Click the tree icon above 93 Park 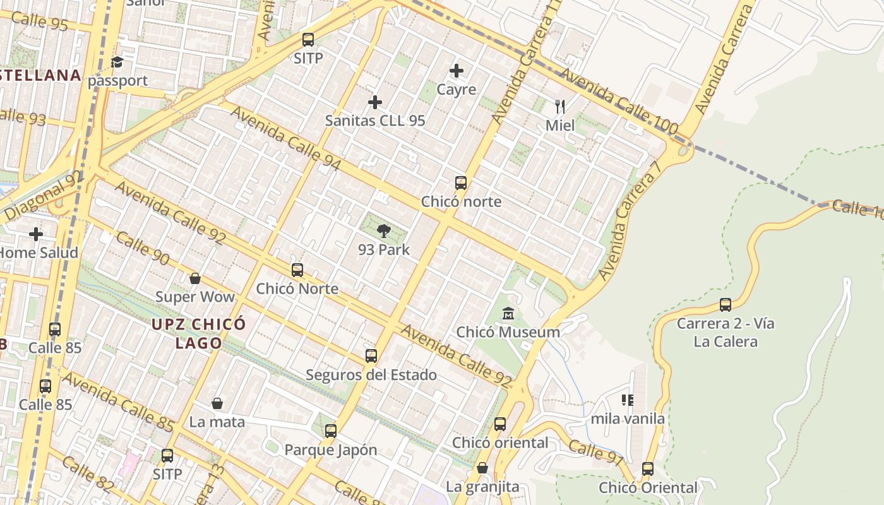tap(383, 231)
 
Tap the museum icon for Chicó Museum tap(508, 313)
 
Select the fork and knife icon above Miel tap(559, 106)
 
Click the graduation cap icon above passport tap(117, 62)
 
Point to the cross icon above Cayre tap(457, 71)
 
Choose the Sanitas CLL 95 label tap(375, 121)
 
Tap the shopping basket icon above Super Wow tap(195, 278)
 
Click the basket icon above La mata tap(217, 403)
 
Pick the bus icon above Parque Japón tap(331, 431)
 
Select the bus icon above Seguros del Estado tap(371, 356)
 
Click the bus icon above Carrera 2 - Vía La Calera tap(726, 305)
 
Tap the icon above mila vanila tap(627, 400)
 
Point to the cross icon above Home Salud tap(36, 234)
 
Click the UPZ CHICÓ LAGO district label tap(198, 333)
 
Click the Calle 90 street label tap(143, 248)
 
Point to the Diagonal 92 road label tap(43, 195)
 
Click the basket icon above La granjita tap(482, 468)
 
